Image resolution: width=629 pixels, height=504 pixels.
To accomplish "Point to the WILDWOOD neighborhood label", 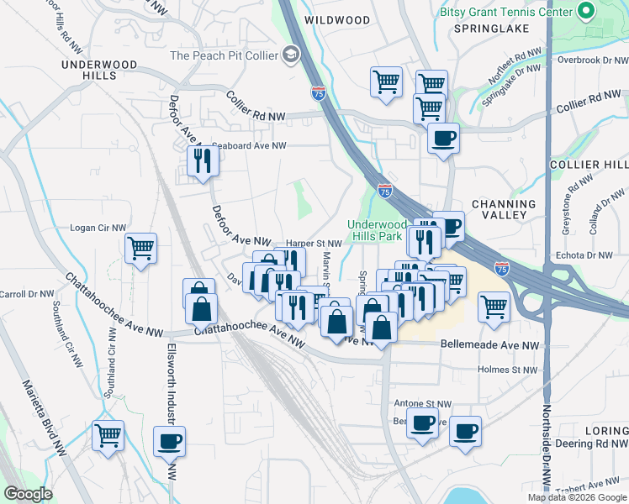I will coord(337,19).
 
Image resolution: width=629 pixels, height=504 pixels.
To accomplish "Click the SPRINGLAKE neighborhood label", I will coord(491,29).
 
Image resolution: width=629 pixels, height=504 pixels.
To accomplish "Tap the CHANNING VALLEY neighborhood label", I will coord(504,209).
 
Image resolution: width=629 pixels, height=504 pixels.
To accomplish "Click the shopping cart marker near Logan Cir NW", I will coord(140,247).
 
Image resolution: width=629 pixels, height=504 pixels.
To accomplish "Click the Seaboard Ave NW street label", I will coord(249,145).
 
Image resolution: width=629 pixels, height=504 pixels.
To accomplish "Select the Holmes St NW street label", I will coord(507,370).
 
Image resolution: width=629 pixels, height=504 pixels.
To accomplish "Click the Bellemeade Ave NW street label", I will coord(489,345).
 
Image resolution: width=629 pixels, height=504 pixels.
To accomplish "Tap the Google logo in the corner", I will coord(29,494).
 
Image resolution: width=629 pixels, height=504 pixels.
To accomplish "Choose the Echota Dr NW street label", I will coord(584,255).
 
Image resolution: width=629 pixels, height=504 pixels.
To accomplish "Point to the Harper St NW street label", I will coord(314,244).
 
